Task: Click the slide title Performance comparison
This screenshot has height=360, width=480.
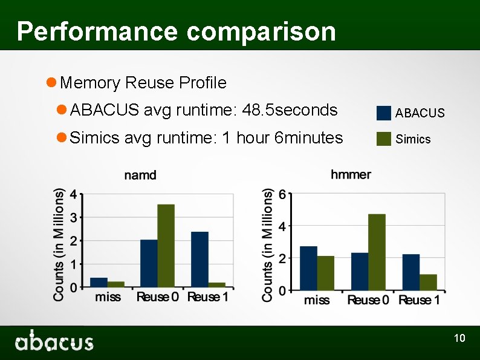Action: pyautogui.click(x=176, y=31)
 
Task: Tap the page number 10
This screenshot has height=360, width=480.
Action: pyautogui.click(x=459, y=338)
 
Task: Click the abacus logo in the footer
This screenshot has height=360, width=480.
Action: pyautogui.click(x=54, y=341)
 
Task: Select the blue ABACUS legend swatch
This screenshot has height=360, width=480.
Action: pyautogui.click(x=383, y=113)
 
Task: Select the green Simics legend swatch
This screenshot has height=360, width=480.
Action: pyautogui.click(x=383, y=139)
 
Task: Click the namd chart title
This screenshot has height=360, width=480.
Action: pyautogui.click(x=140, y=175)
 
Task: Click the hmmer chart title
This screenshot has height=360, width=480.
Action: pyautogui.click(x=351, y=175)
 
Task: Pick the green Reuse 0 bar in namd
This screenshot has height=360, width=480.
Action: pyautogui.click(x=166, y=246)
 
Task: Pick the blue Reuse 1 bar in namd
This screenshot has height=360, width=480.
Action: pyautogui.click(x=199, y=259)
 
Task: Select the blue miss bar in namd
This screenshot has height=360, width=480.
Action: pyautogui.click(x=99, y=282)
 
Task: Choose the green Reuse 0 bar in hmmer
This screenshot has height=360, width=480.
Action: pyautogui.click(x=377, y=252)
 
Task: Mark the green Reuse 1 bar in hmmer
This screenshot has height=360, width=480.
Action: pyautogui.click(x=428, y=282)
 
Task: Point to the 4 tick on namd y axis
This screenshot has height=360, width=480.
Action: pyautogui.click(x=73, y=195)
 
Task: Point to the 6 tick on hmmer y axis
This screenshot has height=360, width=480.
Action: pyautogui.click(x=281, y=194)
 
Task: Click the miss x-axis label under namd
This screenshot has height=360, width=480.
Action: pyautogui.click(x=108, y=297)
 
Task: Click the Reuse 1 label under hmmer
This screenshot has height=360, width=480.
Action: pyautogui.click(x=419, y=300)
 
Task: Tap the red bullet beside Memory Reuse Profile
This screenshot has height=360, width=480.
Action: pyautogui.click(x=52, y=82)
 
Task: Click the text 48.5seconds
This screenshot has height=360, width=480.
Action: pyautogui.click(x=289, y=110)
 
